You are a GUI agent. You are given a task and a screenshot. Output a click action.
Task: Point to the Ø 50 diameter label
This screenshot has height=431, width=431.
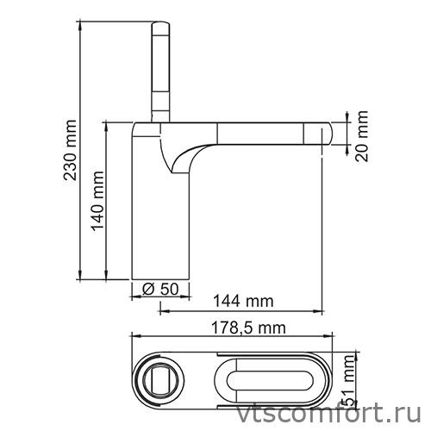pyautogui.click(x=160, y=290)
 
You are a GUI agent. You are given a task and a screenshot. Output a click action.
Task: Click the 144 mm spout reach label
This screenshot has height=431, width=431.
pyautogui.click(x=243, y=301)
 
